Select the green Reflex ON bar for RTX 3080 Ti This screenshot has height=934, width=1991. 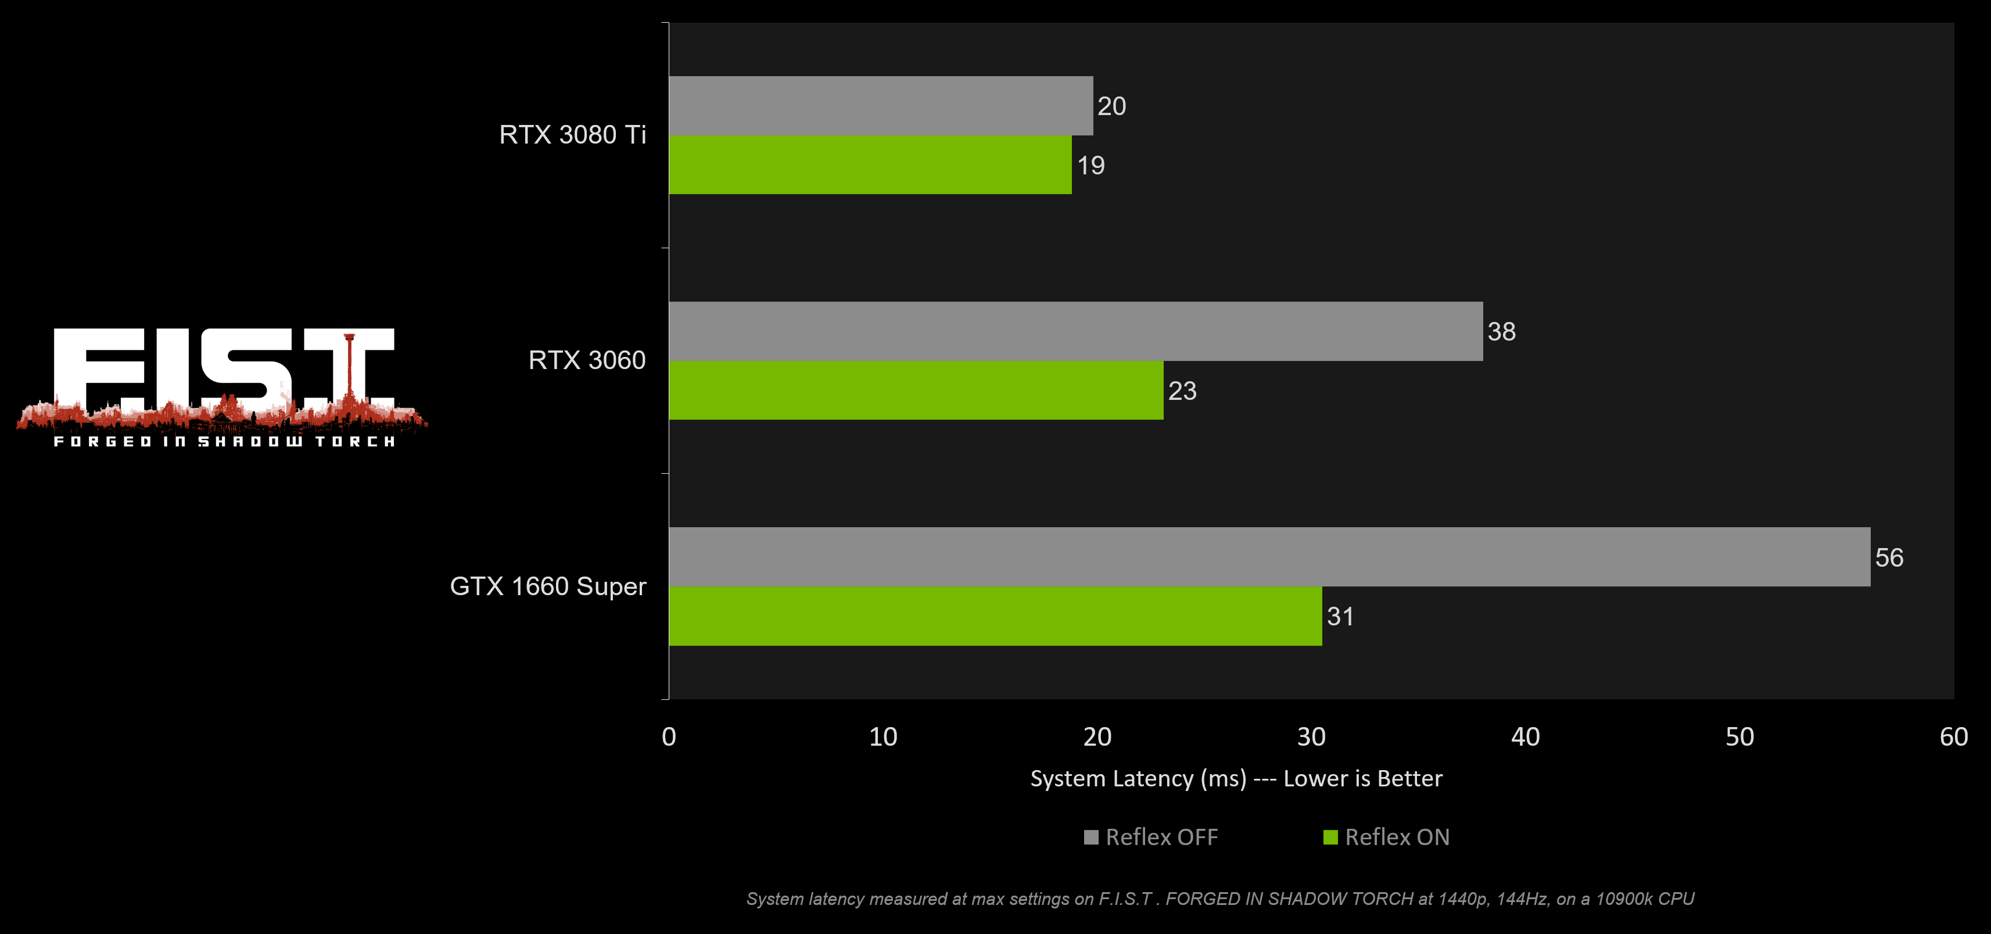coord(870,164)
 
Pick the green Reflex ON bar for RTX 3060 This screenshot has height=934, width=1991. coord(916,391)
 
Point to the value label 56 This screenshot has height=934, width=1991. coord(1889,557)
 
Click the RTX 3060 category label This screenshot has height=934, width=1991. coord(587,360)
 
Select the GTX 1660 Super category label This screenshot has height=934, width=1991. coord(547,586)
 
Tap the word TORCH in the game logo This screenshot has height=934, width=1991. coord(356,442)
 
